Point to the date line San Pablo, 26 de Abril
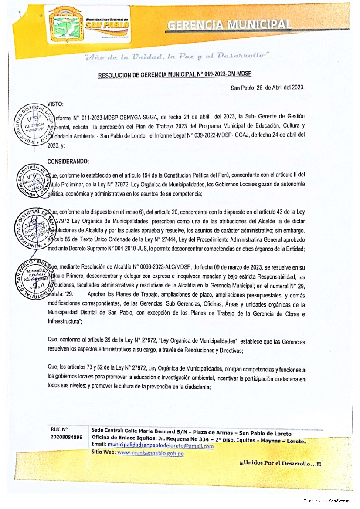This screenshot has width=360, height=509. [x=267, y=87]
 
